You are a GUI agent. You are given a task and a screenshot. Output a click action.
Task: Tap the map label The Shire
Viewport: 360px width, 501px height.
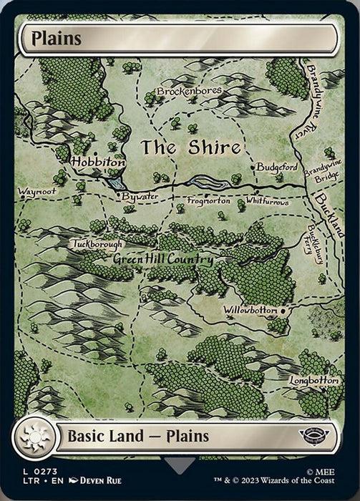tap(190, 148)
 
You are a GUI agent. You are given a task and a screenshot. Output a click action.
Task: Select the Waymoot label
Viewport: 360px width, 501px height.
tap(37, 191)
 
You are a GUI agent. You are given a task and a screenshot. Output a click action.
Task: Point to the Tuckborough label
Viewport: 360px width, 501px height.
tap(97, 244)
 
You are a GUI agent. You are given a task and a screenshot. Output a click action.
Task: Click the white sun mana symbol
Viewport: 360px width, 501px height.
tap(33, 437)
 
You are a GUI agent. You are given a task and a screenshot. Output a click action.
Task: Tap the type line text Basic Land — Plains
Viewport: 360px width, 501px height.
tap(138, 436)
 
